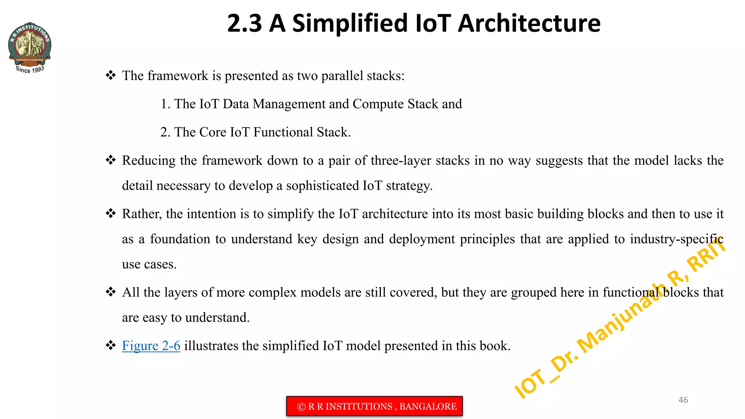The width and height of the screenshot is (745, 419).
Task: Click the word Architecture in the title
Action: [x=529, y=23]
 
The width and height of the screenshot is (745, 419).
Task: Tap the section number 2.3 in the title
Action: [x=244, y=23]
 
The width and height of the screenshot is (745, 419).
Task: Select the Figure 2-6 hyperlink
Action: [x=151, y=346]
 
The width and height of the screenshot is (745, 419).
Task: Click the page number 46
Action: [x=683, y=400]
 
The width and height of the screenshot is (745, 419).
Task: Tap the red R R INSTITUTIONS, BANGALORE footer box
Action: [x=374, y=406]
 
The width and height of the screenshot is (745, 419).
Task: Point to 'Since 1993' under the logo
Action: [x=30, y=69]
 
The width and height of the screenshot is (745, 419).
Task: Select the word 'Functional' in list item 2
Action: [x=283, y=132]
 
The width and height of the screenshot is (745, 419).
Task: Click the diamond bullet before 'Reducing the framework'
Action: [x=111, y=160]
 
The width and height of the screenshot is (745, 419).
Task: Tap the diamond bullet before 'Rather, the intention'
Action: [x=111, y=214]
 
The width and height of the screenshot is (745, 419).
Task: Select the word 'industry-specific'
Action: [x=677, y=239]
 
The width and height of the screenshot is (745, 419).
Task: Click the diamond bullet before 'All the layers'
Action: [x=111, y=292]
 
